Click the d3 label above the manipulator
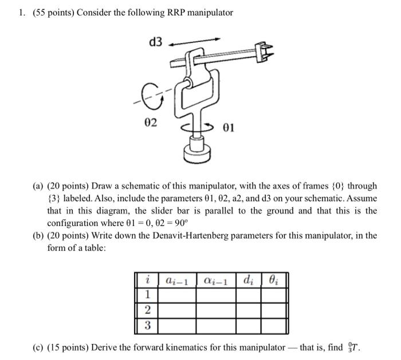tap(155, 42)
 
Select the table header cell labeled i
tap(147, 280)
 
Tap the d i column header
tap(247, 280)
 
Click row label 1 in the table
tap(147, 295)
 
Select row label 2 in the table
tap(147, 311)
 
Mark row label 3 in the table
tap(147, 326)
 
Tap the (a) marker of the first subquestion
tap(38, 186)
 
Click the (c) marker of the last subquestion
tap(38, 347)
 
